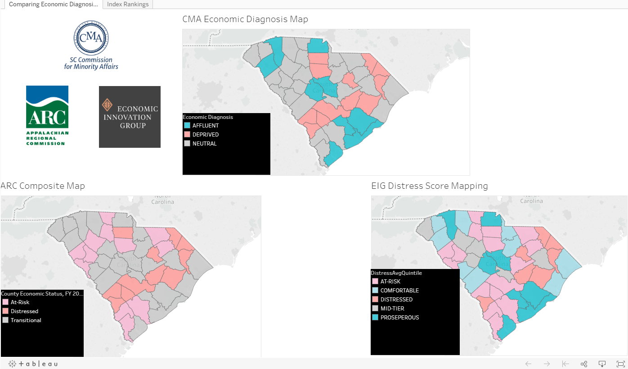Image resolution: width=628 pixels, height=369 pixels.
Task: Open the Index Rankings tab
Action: pyautogui.click(x=128, y=5)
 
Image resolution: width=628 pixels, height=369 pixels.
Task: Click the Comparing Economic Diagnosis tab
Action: pyautogui.click(x=54, y=5)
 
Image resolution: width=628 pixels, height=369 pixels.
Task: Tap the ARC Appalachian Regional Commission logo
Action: pyautogui.click(x=47, y=115)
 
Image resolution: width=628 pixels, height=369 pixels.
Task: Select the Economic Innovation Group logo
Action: pyautogui.click(x=130, y=117)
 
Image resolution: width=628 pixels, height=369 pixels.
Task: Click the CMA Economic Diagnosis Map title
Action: pyautogui.click(x=245, y=19)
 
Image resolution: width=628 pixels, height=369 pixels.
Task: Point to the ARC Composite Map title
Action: pyautogui.click(x=43, y=186)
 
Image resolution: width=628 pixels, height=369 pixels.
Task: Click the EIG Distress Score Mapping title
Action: pyautogui.click(x=429, y=186)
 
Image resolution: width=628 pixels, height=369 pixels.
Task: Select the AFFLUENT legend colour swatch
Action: pyautogui.click(x=187, y=126)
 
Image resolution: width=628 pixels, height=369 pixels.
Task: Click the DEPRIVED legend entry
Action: pyautogui.click(x=205, y=135)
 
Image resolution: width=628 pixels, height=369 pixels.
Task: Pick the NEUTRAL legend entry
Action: pyautogui.click(x=204, y=144)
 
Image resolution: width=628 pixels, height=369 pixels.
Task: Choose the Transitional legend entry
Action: pyautogui.click(x=26, y=320)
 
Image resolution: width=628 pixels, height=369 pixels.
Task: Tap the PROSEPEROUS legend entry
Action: pyautogui.click(x=399, y=318)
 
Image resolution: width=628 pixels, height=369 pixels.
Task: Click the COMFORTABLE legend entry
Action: pyautogui.click(x=399, y=291)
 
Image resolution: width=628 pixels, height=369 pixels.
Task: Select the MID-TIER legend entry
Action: pyautogui.click(x=392, y=309)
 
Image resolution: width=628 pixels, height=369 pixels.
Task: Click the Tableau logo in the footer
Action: pyautogui.click(x=33, y=364)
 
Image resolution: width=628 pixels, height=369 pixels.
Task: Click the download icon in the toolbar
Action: pyautogui.click(x=602, y=364)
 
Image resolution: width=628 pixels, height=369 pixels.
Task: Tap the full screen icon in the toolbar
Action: pyautogui.click(x=620, y=364)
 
